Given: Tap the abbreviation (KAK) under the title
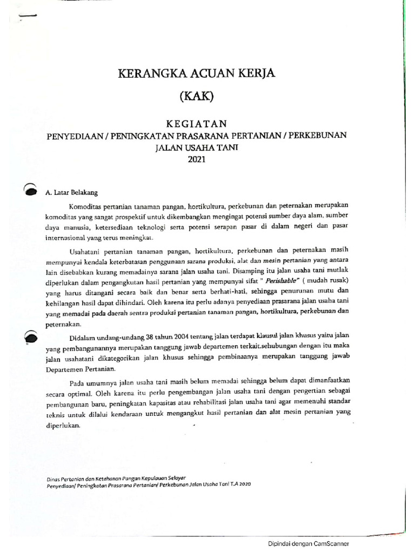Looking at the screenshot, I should pos(197,97).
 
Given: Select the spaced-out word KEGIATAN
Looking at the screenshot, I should pos(197,123).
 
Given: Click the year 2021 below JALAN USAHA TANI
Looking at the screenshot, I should pos(197,159).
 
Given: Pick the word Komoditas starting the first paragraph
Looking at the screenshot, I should pos(88,206).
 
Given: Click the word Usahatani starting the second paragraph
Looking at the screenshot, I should pos(87,251).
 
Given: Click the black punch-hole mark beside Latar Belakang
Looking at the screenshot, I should pos(31,190).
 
